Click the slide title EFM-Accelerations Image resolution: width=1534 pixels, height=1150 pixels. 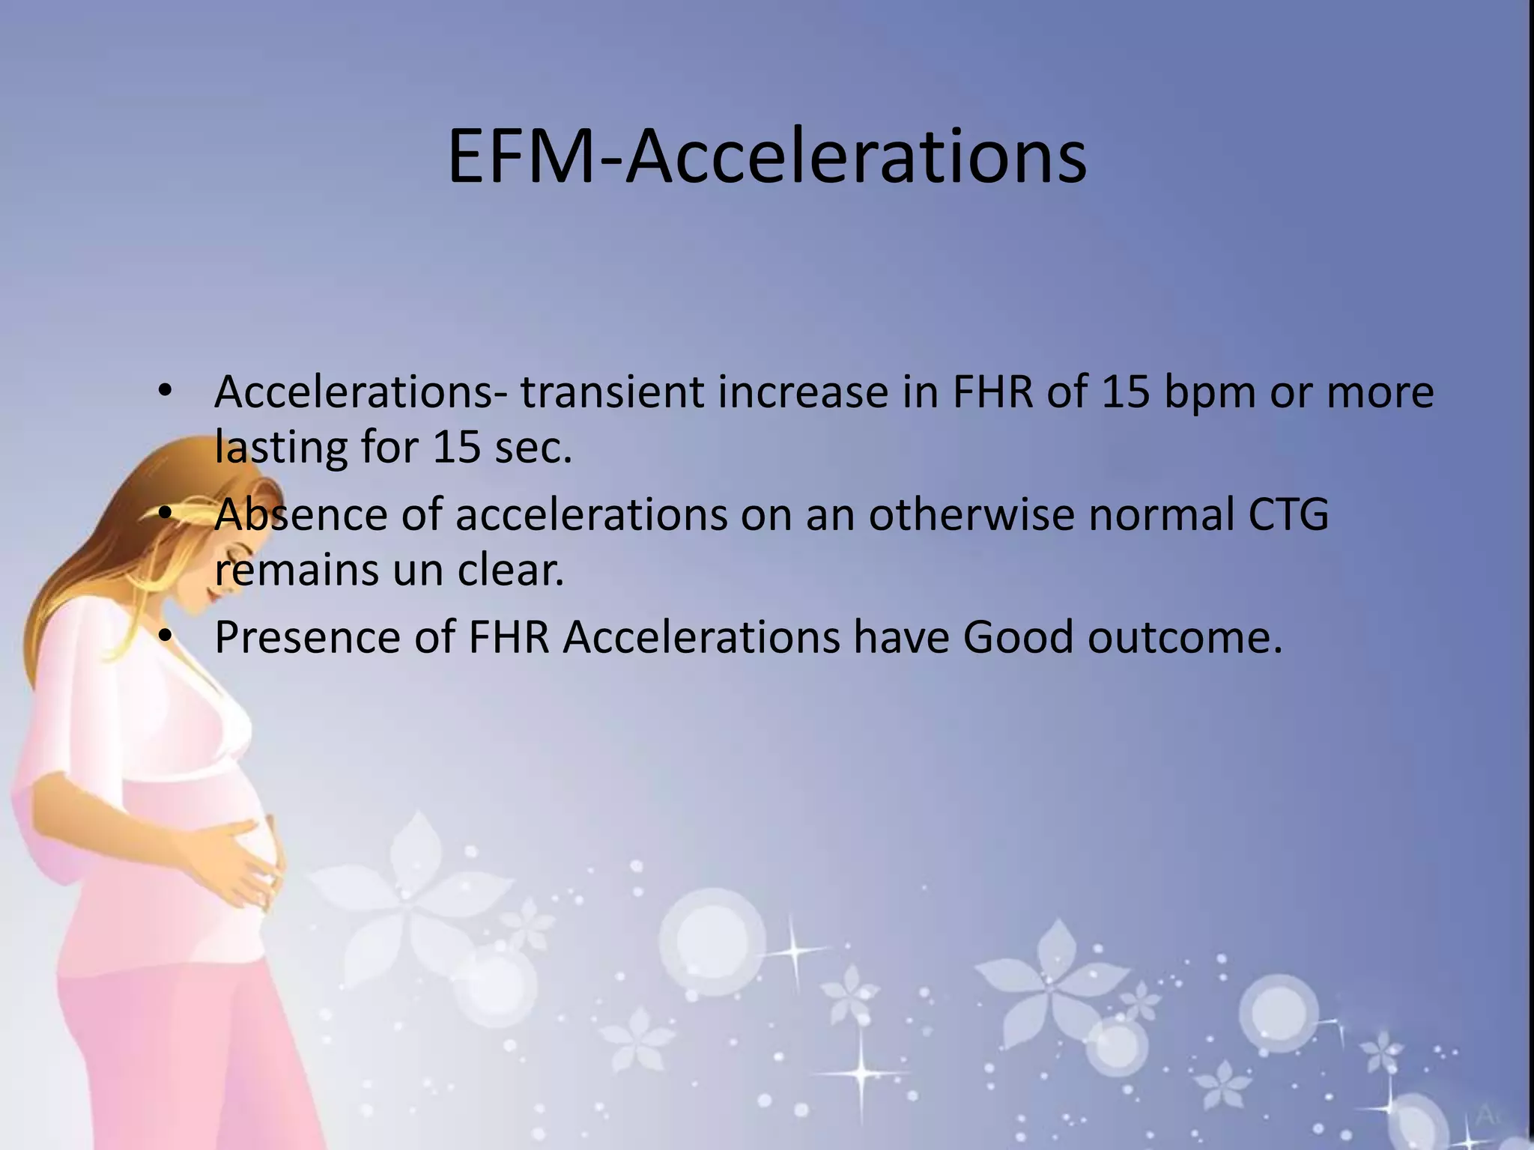[766, 157]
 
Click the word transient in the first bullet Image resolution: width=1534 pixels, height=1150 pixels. [612, 392]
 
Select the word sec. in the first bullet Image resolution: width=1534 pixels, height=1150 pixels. [533, 447]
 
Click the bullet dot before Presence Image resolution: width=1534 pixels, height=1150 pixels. [166, 637]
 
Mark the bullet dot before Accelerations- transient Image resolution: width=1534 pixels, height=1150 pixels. [166, 392]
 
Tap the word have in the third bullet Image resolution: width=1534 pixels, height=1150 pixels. [901, 637]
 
